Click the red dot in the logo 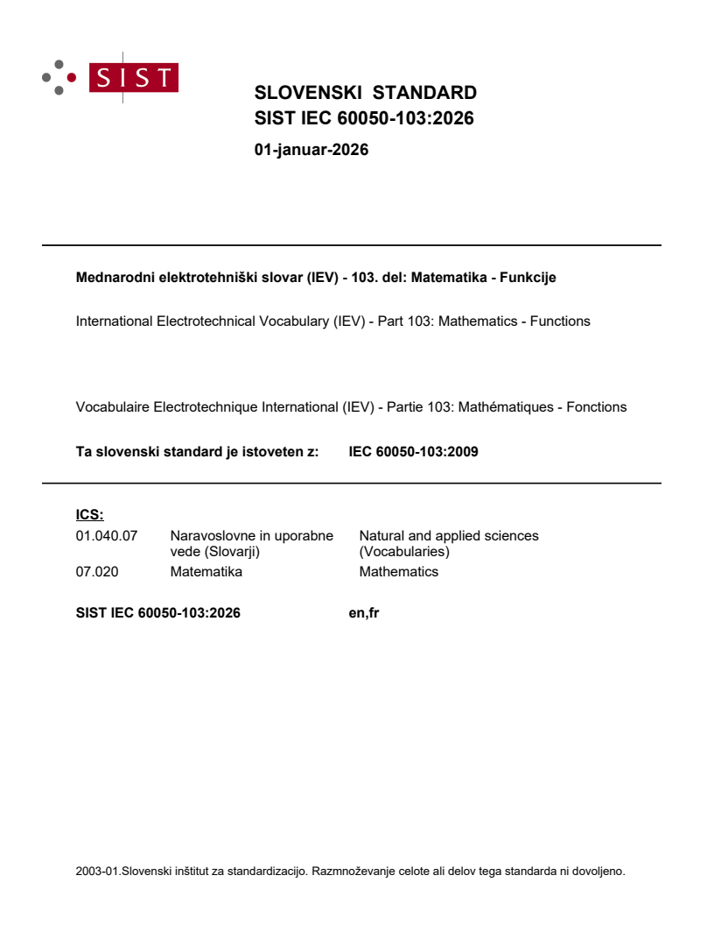tap(72, 78)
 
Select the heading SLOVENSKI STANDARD tap(365, 93)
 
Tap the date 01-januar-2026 tap(311, 150)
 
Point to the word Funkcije tap(528, 278)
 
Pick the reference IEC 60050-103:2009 tap(413, 453)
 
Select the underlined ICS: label tap(90, 515)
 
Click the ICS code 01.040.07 tap(107, 535)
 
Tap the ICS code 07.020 tap(97, 572)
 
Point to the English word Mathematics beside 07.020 tap(398, 572)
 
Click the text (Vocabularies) tap(403, 552)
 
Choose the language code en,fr tap(363, 613)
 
